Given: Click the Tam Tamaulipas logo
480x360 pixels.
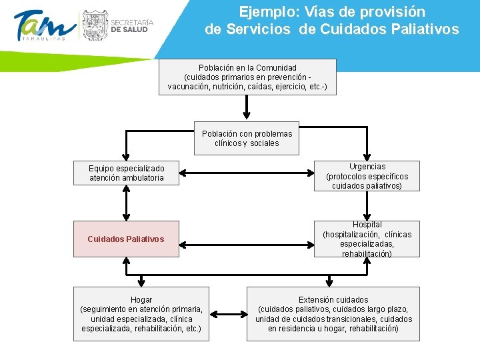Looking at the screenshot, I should coord(43,27).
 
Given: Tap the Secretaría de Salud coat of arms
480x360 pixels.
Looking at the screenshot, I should coord(93,25).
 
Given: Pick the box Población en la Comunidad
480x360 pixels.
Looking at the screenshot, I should coord(247,77).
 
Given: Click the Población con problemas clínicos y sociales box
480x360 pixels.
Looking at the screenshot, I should coord(247,138).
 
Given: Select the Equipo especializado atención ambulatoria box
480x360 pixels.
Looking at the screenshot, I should coord(126,173).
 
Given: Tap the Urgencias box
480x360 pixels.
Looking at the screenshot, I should coord(367,176).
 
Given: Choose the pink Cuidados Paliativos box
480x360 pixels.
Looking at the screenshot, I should coord(126,239).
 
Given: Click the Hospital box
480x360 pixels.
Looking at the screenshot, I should coord(367,239).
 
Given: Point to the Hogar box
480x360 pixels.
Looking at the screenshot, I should coord(141,314).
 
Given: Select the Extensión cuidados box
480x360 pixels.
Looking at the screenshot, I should coord(333,314).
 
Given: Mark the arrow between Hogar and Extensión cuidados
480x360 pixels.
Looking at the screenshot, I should coord(228,314).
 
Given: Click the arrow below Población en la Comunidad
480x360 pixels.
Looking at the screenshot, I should coord(247,106).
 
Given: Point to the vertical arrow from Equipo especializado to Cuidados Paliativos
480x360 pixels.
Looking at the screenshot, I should coord(126,203).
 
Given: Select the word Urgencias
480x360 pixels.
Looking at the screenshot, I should coord(367,167).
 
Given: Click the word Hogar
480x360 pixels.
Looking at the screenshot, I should coord(141,300).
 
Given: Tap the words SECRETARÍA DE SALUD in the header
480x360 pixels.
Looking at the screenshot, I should coord(132,25).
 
